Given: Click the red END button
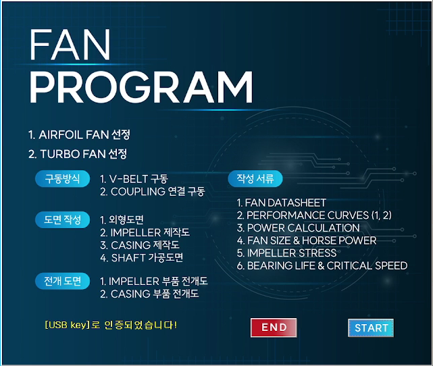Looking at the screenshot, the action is click(x=274, y=328).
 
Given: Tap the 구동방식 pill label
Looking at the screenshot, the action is click(x=62, y=178).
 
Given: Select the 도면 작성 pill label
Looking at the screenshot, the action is click(x=62, y=219).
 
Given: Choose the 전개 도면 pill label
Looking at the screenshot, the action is click(x=62, y=281).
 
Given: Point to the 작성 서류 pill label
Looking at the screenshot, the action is click(x=255, y=178).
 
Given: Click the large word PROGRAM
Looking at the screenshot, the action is click(x=141, y=87).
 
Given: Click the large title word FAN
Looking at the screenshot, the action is click(x=70, y=45).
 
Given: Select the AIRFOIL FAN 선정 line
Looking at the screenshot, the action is click(x=79, y=134).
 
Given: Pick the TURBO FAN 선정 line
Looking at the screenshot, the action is click(x=78, y=154).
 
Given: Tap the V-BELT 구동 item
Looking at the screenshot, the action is click(x=134, y=179).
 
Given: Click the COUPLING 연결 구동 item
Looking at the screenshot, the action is click(x=153, y=192).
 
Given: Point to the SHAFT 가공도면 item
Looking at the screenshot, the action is click(x=142, y=258).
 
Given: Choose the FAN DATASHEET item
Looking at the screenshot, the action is click(x=282, y=203).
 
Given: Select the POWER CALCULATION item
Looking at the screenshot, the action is click(x=299, y=228).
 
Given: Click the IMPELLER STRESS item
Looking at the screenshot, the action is click(x=286, y=253).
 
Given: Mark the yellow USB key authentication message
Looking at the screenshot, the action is click(x=111, y=325).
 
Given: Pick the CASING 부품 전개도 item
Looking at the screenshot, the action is click(x=149, y=294).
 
